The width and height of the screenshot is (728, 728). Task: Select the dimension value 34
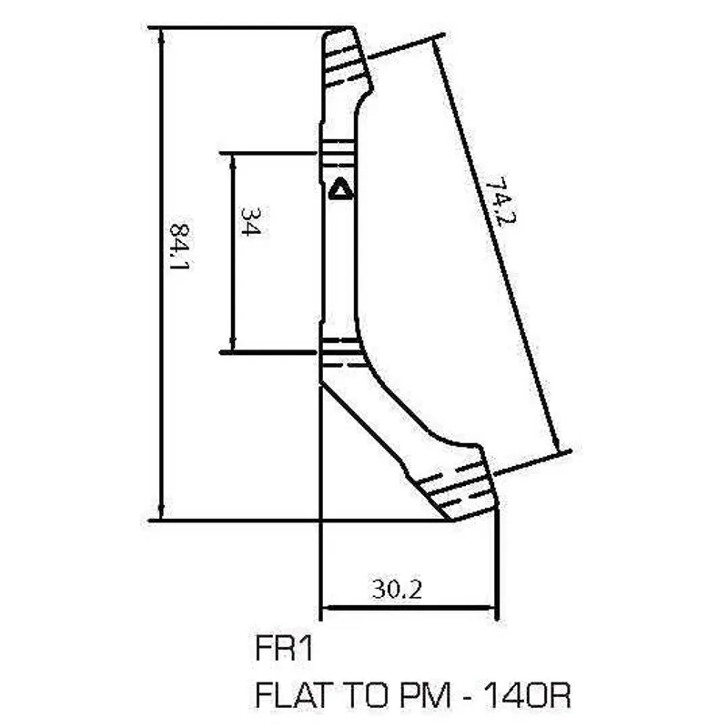pos(250,222)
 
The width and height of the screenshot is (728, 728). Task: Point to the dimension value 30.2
pos(396,590)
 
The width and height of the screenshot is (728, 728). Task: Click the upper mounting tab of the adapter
pos(345,58)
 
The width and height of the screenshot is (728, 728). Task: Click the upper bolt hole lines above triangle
pos(338,149)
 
